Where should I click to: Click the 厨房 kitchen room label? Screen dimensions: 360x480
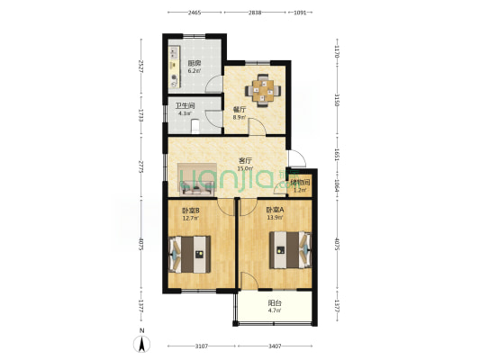coord(194,62)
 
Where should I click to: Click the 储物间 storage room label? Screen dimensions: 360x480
coord(300,184)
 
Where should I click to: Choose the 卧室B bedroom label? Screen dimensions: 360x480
coord(191,211)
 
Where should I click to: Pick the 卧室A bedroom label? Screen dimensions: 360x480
coord(275,211)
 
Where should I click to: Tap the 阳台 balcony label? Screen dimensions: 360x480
coord(274,303)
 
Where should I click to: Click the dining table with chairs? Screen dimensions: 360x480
coord(265,89)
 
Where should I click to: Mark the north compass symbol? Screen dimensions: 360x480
coord(141,343)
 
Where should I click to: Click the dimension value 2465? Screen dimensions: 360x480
coord(194,13)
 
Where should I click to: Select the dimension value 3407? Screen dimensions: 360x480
coord(276,345)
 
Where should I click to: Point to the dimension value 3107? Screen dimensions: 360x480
coord(200,345)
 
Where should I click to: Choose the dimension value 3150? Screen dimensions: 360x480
coord(336,99)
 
